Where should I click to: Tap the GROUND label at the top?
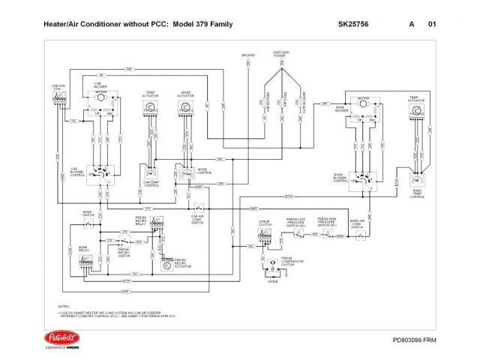[x=248, y=55]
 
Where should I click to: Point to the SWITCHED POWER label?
[x=280, y=55]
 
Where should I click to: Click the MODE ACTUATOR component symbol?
[x=185, y=108]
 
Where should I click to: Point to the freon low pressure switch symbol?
[x=298, y=232]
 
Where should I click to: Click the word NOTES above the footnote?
[x=64, y=307]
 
